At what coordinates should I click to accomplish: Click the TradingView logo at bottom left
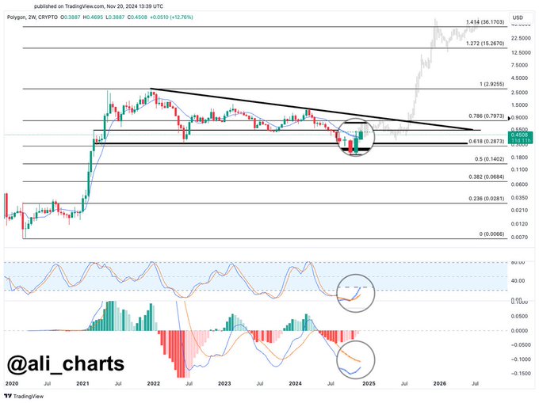pos(25,395)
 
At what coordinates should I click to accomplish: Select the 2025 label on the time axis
pos(369,382)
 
